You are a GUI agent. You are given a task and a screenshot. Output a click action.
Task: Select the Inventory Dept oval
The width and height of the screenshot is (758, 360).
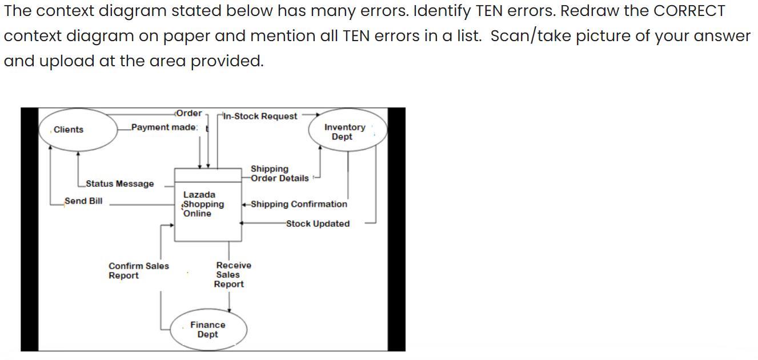pos(345,132)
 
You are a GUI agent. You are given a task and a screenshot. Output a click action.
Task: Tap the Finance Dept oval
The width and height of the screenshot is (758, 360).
pos(208,330)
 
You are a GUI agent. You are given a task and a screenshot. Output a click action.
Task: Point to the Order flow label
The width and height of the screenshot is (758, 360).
pos(189,113)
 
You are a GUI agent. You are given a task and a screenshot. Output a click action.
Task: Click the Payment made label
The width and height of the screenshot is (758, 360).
pos(164,127)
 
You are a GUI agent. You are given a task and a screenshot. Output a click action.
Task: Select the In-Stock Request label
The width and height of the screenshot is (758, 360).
pos(260,117)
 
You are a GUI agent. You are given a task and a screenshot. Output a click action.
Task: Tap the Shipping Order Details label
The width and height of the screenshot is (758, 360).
pos(279,174)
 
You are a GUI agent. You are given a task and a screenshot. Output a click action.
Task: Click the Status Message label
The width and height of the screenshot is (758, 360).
pos(119,184)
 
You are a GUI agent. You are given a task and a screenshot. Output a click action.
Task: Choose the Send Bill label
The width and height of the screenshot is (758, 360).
pos(83,201)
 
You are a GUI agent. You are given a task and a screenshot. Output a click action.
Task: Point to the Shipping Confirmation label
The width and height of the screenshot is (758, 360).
pos(298,205)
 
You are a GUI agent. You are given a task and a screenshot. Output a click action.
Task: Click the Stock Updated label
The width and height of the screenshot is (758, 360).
pos(318,224)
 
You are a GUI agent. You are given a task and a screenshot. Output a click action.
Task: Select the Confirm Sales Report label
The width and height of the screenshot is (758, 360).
pos(139,271)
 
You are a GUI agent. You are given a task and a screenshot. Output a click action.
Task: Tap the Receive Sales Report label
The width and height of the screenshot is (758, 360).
pos(232,275)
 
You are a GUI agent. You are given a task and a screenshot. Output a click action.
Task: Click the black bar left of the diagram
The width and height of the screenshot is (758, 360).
pos(29,229)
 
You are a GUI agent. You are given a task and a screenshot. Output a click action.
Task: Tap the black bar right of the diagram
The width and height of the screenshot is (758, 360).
pos(396,229)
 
